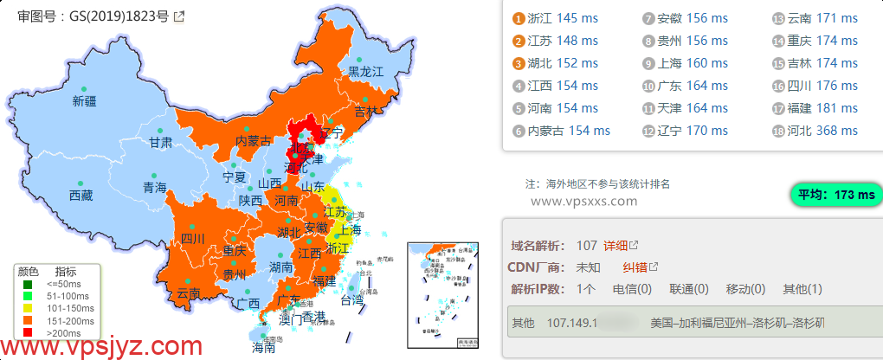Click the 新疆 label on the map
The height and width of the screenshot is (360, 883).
tap(85, 102)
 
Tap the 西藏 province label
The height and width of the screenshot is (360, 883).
tap(81, 196)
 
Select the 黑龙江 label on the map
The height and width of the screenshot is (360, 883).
tap(365, 73)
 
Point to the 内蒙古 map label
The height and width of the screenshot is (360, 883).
tap(254, 141)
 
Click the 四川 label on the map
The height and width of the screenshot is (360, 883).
tap(191, 239)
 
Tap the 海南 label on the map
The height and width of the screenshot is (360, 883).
tap(263, 349)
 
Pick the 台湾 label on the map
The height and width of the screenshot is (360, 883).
tap(351, 301)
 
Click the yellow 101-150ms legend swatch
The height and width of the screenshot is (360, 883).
tap(29, 307)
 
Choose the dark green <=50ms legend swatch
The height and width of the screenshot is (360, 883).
tap(29, 284)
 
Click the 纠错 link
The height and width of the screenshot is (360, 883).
tap(635, 267)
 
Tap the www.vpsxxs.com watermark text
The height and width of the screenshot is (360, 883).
tap(583, 201)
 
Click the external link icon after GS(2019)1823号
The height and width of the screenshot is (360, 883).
tap(179, 16)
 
